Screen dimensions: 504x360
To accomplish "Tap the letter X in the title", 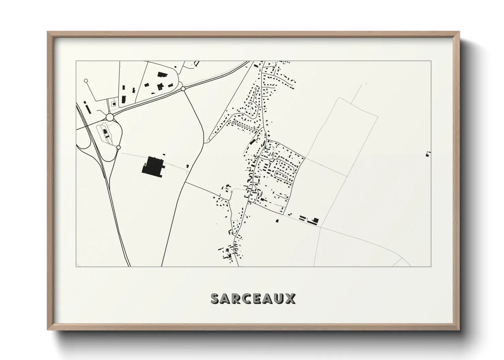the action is point(290,298).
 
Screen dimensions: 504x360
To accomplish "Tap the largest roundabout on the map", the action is point(110,117).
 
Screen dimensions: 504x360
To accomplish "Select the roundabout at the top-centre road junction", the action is point(183,88).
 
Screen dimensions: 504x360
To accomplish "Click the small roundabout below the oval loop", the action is point(119,147).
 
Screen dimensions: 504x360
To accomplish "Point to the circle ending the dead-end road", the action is point(86,81).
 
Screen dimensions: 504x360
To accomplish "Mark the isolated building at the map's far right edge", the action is point(428,154).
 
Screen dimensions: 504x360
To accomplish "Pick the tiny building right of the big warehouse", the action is point(188,166).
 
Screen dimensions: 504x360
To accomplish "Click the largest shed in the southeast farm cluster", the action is point(315,220).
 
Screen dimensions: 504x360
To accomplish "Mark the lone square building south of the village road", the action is point(277,221).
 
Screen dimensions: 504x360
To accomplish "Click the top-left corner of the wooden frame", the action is point(48,32).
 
